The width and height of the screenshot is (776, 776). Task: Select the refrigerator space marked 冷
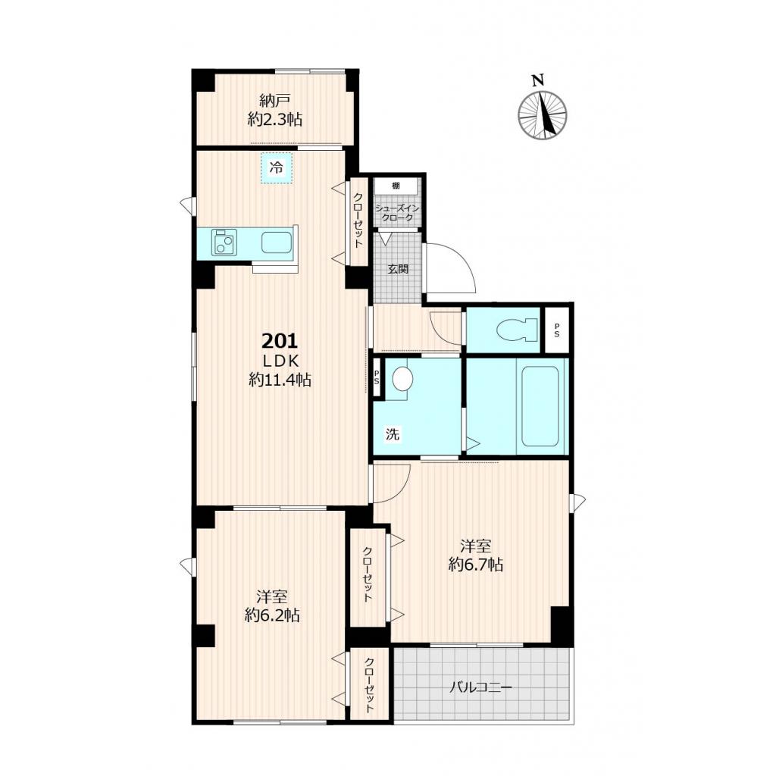277,167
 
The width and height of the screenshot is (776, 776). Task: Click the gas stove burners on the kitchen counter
224,242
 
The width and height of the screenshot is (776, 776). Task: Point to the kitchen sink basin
276,242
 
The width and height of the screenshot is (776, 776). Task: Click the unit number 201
279,341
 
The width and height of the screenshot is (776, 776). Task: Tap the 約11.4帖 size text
280,380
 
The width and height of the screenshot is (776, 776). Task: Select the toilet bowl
517,330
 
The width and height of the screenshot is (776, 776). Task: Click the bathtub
540,406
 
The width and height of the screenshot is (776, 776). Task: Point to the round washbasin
402,379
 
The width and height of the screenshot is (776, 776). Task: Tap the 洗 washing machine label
393,434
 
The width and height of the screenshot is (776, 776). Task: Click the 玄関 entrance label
398,269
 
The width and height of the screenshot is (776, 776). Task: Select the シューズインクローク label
397,213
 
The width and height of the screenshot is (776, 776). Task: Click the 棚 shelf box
396,186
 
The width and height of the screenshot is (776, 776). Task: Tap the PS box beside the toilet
557,330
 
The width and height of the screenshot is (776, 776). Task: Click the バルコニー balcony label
480,687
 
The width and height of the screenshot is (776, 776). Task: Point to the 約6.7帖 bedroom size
476,565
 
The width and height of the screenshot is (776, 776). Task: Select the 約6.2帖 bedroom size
272,615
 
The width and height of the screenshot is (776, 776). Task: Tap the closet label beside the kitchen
358,221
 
